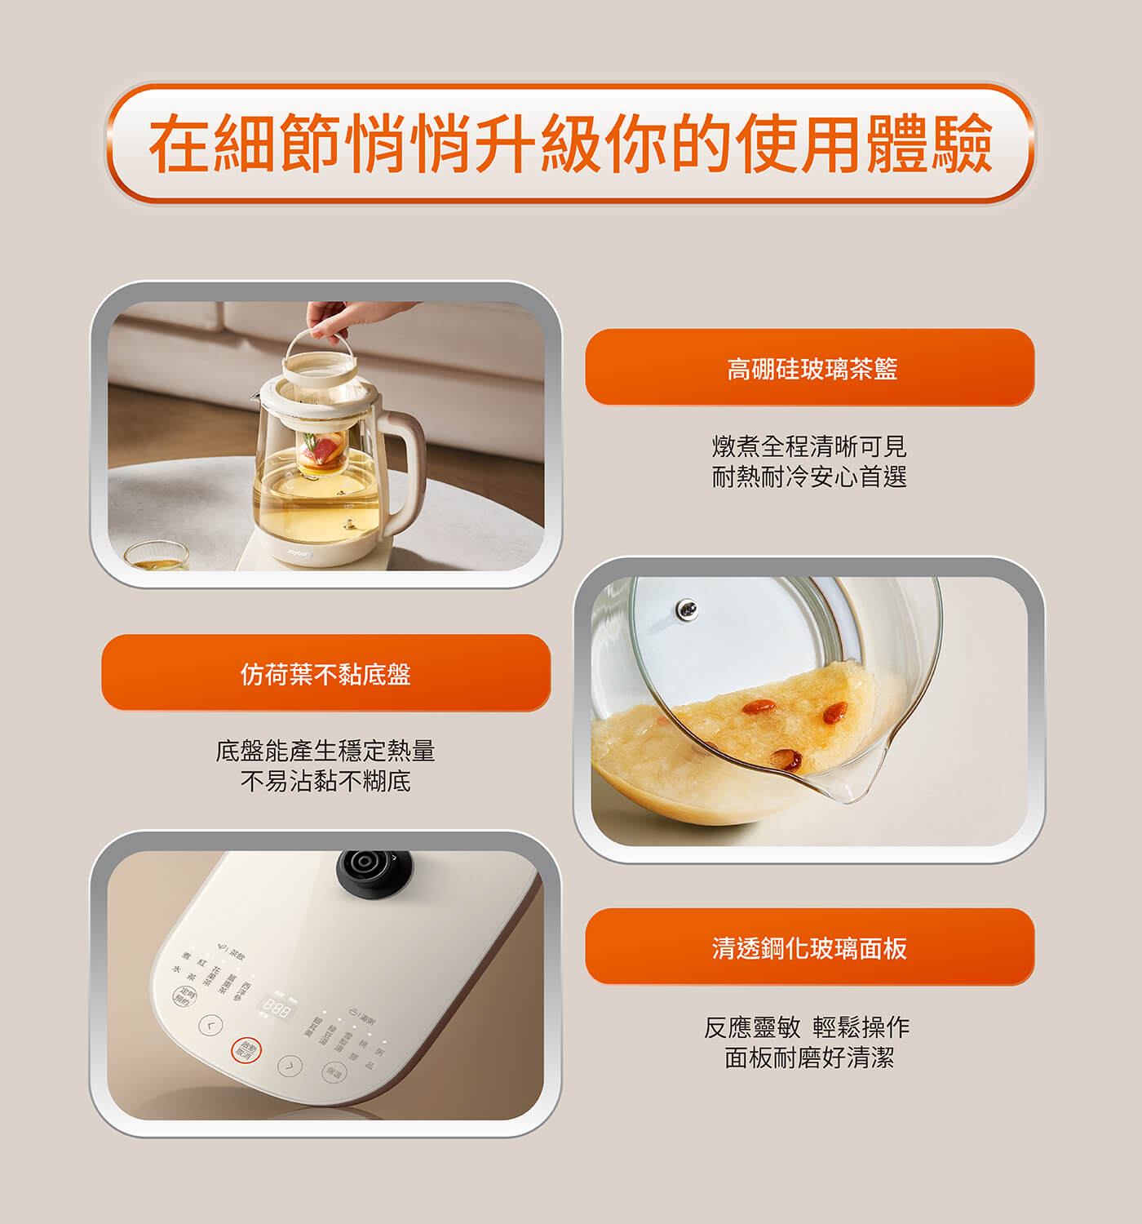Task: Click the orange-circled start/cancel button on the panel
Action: [246, 1050]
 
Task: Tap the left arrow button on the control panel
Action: [210, 1025]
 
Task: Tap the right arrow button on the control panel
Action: [290, 1065]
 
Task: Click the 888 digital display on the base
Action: [276, 1009]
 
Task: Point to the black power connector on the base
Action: [374, 871]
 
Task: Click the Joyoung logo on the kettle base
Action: [299, 552]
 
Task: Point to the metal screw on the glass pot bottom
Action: [687, 608]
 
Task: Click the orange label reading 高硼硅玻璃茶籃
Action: [810, 368]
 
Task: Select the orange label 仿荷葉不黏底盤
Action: [325, 673]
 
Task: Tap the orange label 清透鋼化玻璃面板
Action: [810, 947]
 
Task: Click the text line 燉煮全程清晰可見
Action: [809, 446]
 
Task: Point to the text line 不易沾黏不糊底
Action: [325, 782]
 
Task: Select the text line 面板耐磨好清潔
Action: [809, 1058]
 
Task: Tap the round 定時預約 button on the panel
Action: [185, 996]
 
